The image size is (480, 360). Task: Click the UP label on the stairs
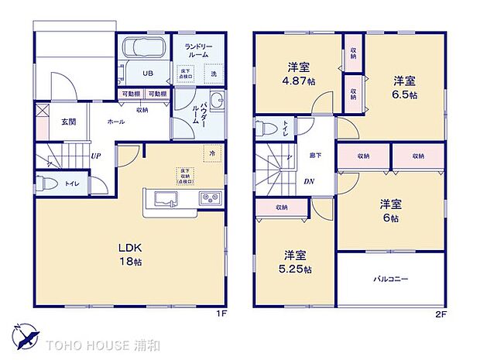tap(95, 156)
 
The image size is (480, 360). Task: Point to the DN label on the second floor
tap(308, 182)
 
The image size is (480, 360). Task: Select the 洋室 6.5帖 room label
tap(404, 87)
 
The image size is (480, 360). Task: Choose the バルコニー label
tap(391, 278)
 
